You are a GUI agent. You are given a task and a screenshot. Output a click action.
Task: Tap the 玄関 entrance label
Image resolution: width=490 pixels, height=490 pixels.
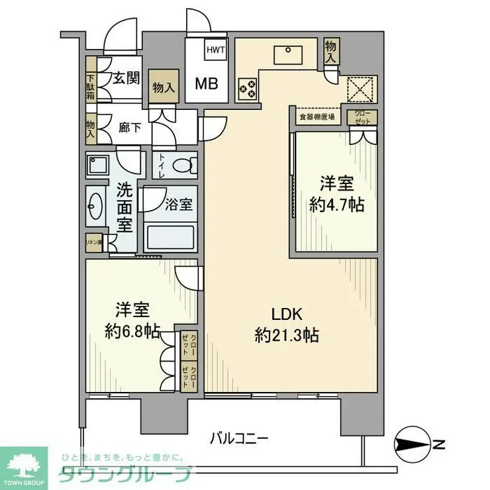tap(125, 78)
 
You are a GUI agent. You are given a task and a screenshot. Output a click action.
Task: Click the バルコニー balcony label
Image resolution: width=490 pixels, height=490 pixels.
tap(239, 438)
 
